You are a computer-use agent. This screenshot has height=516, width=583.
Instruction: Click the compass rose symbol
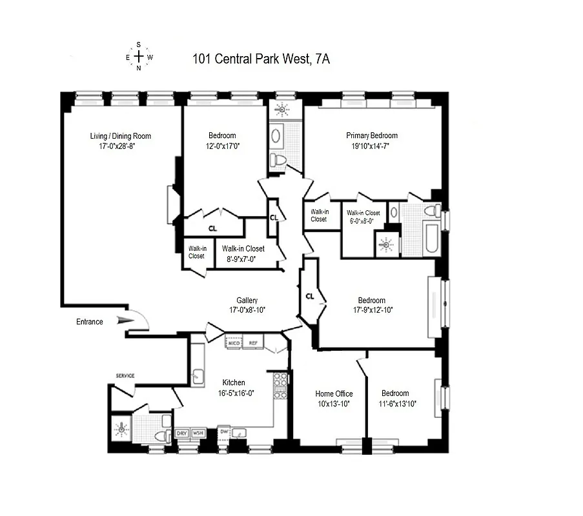point(138,57)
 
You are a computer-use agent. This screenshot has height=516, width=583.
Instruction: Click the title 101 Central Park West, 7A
point(261,59)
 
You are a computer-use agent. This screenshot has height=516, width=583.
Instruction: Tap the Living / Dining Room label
point(121,136)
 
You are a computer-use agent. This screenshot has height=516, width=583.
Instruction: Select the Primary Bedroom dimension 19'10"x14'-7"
point(371,146)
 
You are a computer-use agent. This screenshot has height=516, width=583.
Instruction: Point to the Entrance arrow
point(124,320)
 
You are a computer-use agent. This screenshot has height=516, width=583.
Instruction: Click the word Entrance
point(90,322)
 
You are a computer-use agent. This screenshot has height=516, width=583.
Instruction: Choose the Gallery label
point(247,301)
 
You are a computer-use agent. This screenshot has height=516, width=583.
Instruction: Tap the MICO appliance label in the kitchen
point(234,343)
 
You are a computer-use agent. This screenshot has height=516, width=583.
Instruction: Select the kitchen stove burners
point(280,385)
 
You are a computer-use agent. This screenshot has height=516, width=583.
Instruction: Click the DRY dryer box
point(182,433)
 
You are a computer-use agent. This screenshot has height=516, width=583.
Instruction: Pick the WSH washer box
point(198,433)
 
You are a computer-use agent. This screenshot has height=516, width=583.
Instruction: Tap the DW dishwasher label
point(224,432)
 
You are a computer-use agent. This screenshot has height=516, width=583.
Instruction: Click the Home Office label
point(334,393)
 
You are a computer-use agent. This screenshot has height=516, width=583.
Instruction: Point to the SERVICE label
point(125,375)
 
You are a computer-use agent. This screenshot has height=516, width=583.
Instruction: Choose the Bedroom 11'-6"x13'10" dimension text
point(398,404)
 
